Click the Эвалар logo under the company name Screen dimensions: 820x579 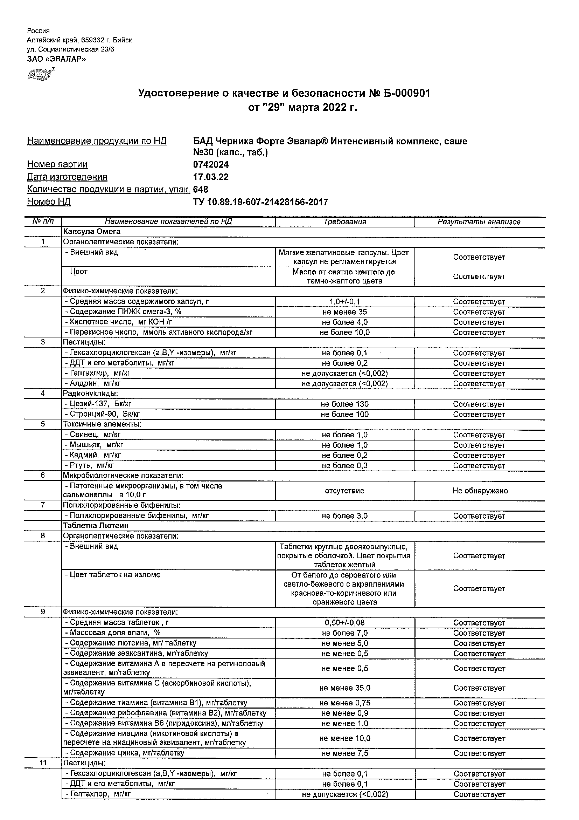pyautogui.click(x=41, y=74)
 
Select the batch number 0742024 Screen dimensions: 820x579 pyautogui.click(x=211, y=165)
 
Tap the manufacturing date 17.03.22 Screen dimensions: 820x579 pyautogui.click(x=211, y=177)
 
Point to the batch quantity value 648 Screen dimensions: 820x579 pyautogui.click(x=201, y=189)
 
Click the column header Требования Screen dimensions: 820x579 pyautogui.click(x=344, y=222)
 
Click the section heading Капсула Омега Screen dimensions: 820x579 pyautogui.click(x=92, y=232)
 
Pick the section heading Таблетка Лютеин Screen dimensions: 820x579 pyautogui.click(x=96, y=526)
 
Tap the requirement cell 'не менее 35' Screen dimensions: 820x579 pyautogui.click(x=344, y=312)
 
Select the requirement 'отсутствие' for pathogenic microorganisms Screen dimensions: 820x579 pyautogui.click(x=344, y=491)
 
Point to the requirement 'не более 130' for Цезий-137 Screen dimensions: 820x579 pyautogui.click(x=344, y=404)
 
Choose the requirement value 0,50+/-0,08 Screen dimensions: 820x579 pyautogui.click(x=344, y=623)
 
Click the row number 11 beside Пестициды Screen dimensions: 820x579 pyautogui.click(x=43, y=763)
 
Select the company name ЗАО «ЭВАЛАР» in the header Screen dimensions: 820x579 pyautogui.click(x=56, y=59)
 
